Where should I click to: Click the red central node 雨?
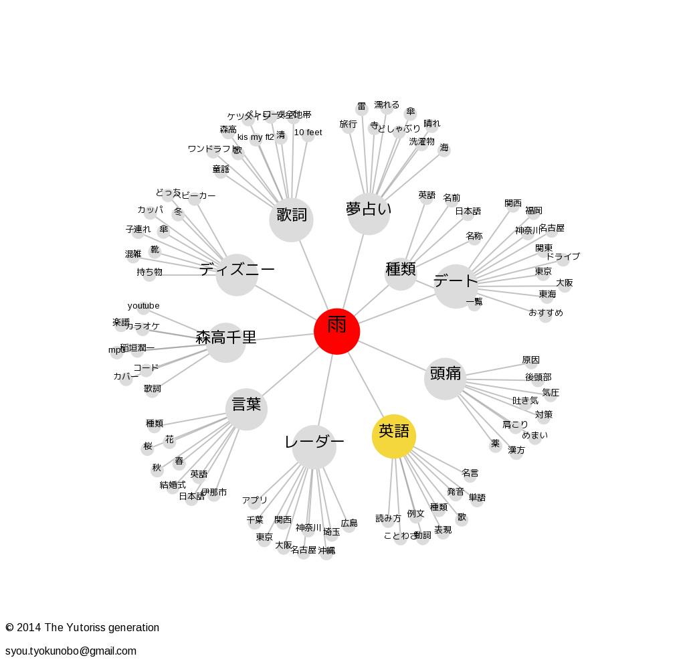coord(337,331)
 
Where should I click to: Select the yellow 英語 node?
coord(394,436)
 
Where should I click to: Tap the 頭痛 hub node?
coord(445,378)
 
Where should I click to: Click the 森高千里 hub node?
coord(225,342)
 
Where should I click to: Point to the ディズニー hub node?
coord(237,274)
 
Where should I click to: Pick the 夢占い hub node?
coord(369,214)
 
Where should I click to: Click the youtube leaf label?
coord(144,306)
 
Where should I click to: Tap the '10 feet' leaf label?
coord(308,133)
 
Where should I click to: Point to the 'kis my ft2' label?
coord(256,137)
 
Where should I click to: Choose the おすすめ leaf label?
coord(546,313)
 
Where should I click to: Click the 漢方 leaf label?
coord(516,450)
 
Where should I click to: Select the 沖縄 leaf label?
coord(326,551)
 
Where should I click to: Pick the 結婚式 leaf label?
coord(173,485)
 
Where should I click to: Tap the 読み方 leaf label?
coord(388,518)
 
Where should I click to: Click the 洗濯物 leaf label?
coord(421,142)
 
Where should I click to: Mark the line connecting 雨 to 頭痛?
coord(391,355)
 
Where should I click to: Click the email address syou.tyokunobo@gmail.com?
coord(71,651)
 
